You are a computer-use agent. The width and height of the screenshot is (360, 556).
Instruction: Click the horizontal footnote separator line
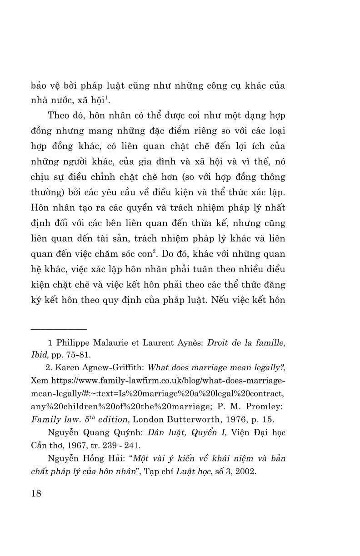(x=59, y=328)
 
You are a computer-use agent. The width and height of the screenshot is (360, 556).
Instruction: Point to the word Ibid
(x=39, y=355)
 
